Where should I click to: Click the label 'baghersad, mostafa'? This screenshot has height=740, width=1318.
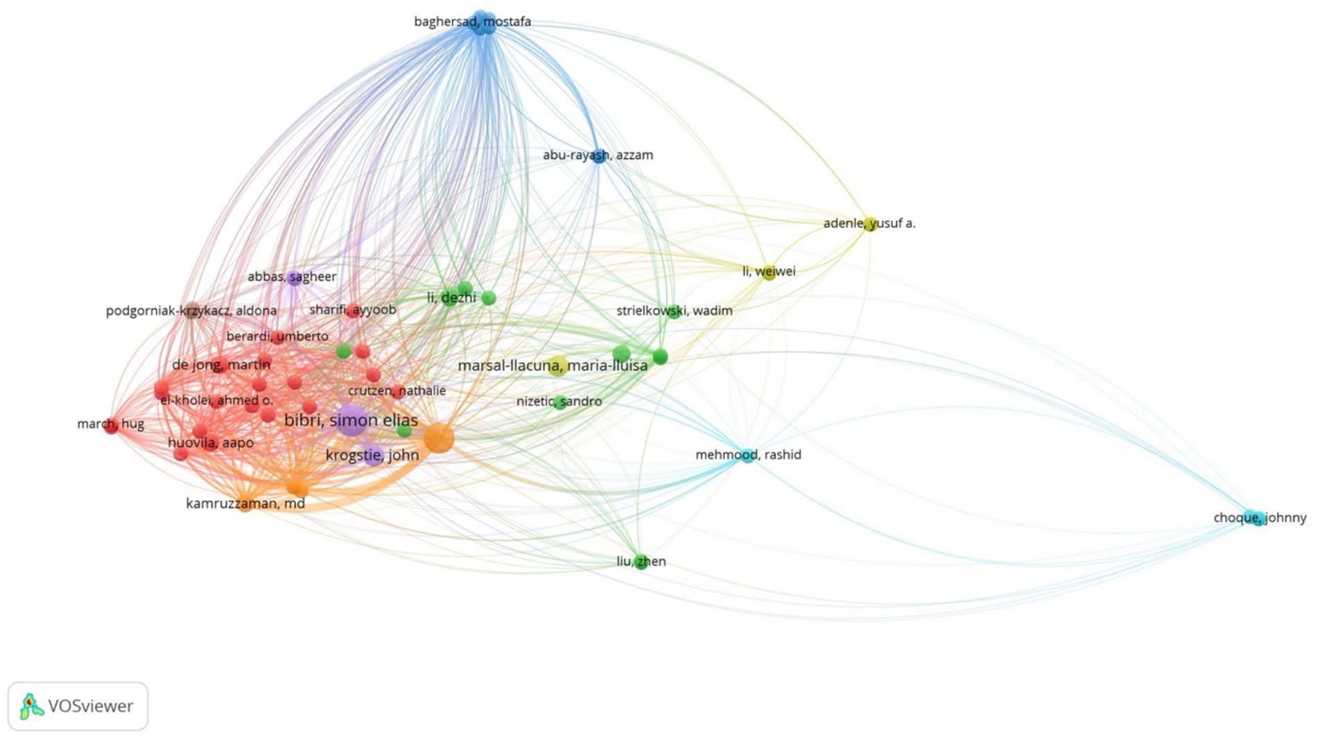(472, 21)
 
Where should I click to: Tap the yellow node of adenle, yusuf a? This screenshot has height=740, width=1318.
(869, 223)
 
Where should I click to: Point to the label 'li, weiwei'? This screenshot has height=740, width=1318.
(769, 271)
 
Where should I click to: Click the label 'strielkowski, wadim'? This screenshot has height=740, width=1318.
(674, 311)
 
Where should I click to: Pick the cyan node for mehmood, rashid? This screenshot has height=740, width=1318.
(747, 456)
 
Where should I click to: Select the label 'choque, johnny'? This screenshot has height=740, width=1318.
(1260, 517)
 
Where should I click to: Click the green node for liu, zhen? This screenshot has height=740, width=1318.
(641, 562)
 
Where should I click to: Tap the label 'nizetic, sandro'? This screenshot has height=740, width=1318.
(559, 402)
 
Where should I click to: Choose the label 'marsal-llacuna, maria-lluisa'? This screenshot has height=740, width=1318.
(553, 365)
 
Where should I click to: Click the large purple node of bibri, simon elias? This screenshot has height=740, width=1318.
(352, 420)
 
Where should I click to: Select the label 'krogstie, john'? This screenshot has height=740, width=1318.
(372, 455)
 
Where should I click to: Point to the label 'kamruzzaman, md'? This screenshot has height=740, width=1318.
(245, 504)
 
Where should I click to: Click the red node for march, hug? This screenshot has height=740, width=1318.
(111, 426)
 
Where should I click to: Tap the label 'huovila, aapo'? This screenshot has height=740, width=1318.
(211, 442)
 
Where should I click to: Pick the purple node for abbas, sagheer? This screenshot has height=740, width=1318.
(294, 278)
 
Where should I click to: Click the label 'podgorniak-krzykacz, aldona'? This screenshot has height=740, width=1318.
(191, 311)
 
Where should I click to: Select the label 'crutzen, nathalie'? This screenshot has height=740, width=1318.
(397, 390)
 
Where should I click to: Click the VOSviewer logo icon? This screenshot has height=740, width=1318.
(29, 706)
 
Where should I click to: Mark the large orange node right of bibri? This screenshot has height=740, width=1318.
(438, 438)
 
